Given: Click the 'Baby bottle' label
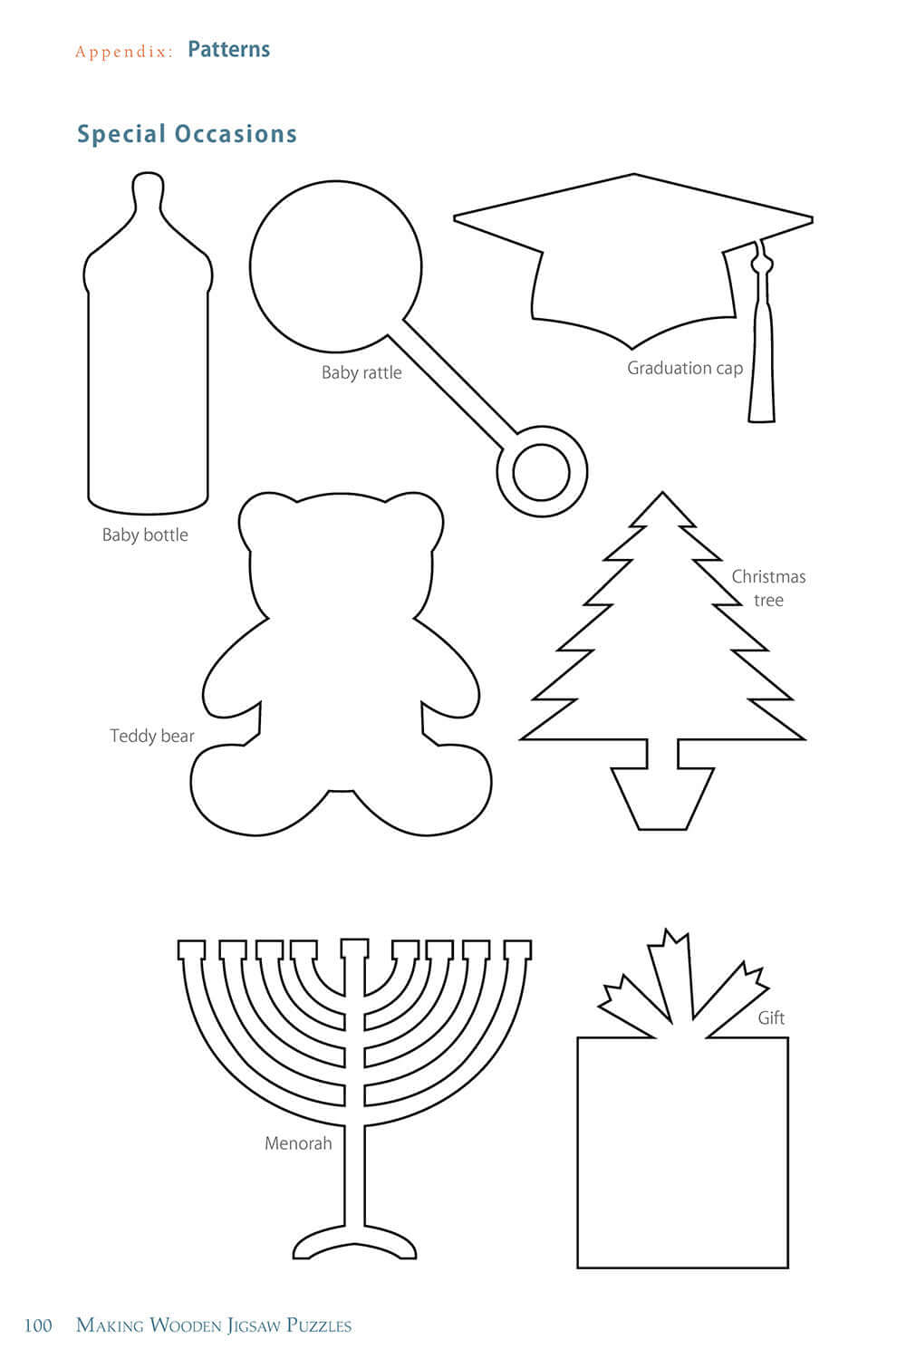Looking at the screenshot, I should (x=145, y=535).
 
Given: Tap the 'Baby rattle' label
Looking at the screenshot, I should (x=361, y=372).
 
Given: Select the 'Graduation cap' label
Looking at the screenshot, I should (x=685, y=368).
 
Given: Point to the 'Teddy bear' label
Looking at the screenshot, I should (x=152, y=736).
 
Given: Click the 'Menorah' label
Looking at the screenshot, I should (x=298, y=1143).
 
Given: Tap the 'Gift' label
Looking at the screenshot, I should (x=771, y=1017).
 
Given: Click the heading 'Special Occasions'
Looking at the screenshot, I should (x=187, y=134).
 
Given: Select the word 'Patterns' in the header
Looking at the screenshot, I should (x=228, y=50).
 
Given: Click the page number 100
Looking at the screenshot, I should (x=38, y=1325).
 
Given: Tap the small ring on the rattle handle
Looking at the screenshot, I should (x=541, y=471).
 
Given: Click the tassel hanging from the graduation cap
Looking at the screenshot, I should (x=762, y=362).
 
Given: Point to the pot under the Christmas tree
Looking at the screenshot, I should (x=662, y=797).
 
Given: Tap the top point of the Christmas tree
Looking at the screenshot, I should (x=662, y=498).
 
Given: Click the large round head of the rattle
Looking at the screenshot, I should (x=335, y=267).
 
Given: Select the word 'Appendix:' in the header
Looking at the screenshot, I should (x=123, y=52).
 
